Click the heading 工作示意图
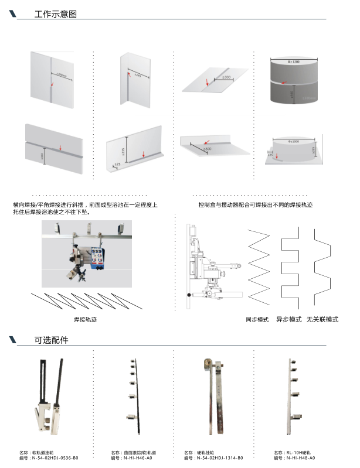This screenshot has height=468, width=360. coord(56,14)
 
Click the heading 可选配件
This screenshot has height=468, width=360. coord(52,340)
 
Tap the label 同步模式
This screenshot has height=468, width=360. coord(257,320)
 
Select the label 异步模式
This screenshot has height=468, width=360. coord(288,320)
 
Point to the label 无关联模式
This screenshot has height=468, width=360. coord(322,320)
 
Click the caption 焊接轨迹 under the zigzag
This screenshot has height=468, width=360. coord(85,320)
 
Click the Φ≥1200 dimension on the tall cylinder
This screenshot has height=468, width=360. coord(293,60)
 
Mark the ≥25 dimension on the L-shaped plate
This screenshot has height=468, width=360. coord(117,165)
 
